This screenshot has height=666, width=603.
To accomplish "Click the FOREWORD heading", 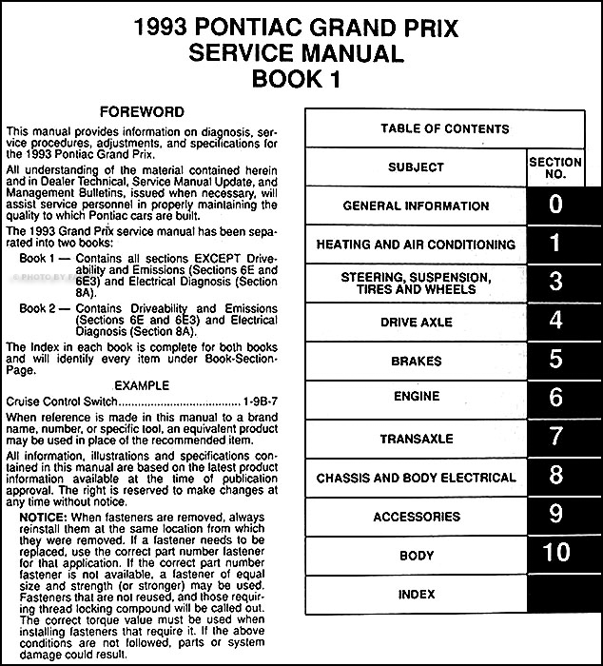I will coord(144,111).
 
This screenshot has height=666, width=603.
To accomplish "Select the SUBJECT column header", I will coord(416,168).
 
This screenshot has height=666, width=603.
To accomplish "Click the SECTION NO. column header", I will coord(555,168).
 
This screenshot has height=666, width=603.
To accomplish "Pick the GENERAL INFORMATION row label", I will coord(416,206).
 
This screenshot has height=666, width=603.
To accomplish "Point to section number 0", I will coord(555,204).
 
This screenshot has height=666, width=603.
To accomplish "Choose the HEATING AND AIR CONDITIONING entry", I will coord(416,245).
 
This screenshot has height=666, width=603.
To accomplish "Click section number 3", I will coord(555,282).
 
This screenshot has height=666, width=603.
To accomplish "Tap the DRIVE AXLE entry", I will coord(416,323).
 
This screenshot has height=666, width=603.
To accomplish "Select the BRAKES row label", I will coord(416,362).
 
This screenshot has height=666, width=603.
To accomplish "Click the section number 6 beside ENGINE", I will coord(555,399).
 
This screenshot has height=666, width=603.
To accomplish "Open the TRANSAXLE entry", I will coord(416,439).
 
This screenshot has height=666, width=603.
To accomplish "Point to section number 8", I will coord(555,476).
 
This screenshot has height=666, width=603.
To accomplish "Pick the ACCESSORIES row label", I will coord(416,517).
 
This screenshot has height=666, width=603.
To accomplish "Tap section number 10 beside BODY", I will coord(555,555).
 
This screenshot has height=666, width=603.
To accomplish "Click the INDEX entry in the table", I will coord(416,595).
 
